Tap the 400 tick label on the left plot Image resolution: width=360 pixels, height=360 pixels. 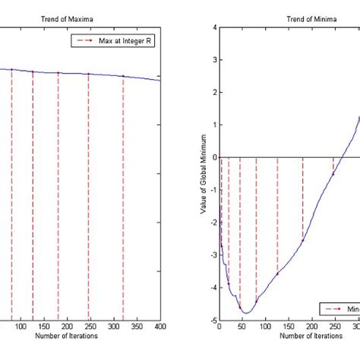pos(159,327)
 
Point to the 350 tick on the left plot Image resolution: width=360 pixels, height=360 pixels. pos(134,327)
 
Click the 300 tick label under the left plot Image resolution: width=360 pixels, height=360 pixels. pos(110,327)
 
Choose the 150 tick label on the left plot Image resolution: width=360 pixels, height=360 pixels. pos(36,327)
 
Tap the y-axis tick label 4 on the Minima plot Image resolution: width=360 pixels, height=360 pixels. pos(214,27)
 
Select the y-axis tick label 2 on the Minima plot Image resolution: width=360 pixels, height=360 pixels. pos(214,93)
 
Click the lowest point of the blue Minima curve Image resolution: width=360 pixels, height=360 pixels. pos(245,313)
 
